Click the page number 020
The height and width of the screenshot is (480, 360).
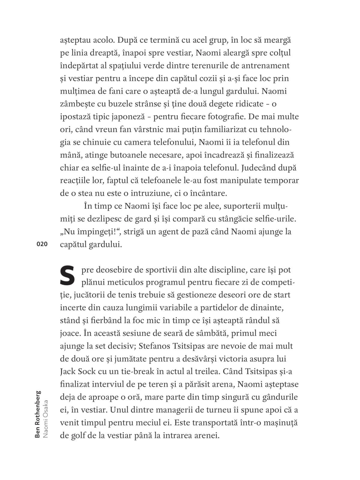(x=42, y=244)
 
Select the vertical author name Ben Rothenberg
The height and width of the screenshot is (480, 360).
(x=37, y=414)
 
